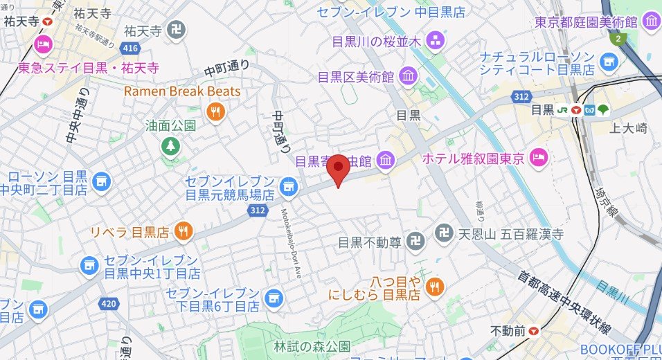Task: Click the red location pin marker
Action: [x=338, y=168]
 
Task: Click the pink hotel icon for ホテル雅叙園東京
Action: [x=538, y=159]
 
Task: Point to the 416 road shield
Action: [x=129, y=48]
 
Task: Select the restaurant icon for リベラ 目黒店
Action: [x=183, y=231]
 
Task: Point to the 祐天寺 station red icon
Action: [x=46, y=21]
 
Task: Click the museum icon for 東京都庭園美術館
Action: [x=650, y=22]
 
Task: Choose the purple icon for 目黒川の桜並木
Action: [x=436, y=41]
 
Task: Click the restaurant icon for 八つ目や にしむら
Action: [x=434, y=287]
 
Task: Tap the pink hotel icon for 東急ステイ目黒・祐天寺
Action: [x=43, y=46]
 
